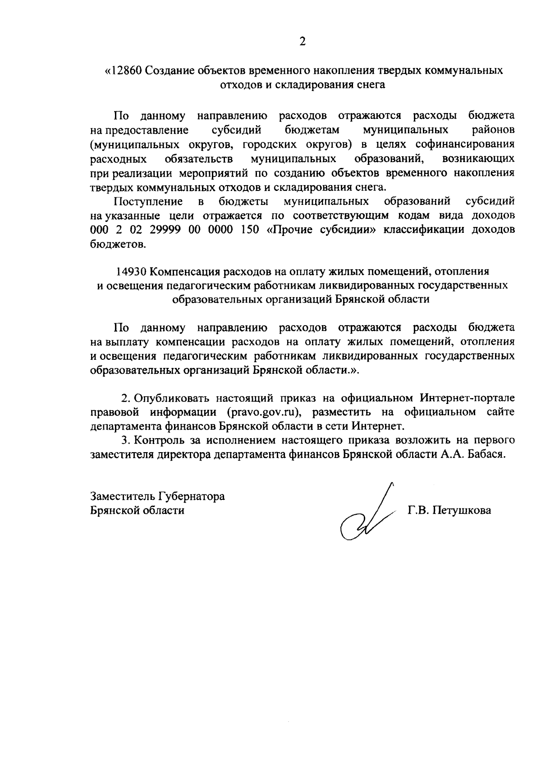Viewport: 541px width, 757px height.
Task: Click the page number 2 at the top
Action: click(x=302, y=42)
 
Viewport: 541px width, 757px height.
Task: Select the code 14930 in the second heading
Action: click(x=131, y=272)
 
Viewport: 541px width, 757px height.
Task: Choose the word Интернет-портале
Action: click(x=467, y=398)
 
